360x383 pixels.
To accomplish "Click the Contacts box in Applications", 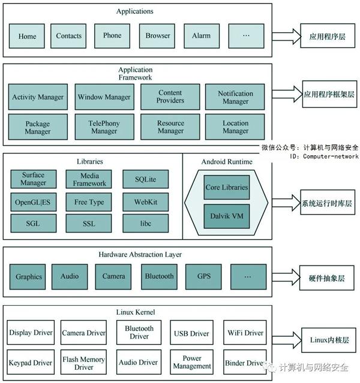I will [x=68, y=36].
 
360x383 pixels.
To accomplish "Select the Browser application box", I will [x=157, y=36].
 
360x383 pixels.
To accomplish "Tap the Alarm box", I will [x=201, y=36].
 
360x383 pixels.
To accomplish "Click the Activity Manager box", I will [x=38, y=97].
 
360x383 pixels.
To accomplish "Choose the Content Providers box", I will [x=170, y=97].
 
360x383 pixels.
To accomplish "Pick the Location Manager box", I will [x=235, y=127].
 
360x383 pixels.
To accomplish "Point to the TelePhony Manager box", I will [x=104, y=127].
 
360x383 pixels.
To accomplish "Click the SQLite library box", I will [x=145, y=179].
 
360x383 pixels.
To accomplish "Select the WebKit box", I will [x=145, y=202].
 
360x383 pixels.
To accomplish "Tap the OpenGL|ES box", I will [x=33, y=202].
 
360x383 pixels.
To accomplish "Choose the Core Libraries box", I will [x=226, y=188].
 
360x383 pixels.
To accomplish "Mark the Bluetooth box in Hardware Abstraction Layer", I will [x=159, y=276].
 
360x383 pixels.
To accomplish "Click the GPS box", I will [x=204, y=276].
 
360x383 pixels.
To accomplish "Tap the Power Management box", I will [x=191, y=362].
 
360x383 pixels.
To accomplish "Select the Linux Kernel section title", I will [x=135, y=312].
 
